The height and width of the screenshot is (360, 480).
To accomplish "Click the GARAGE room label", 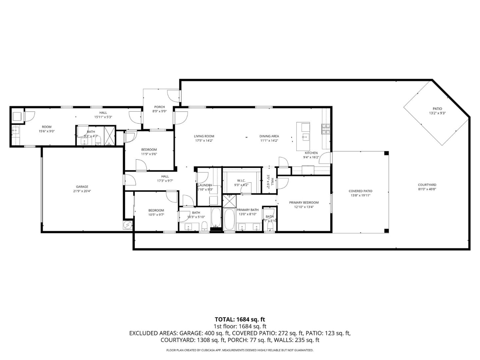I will click(82, 187).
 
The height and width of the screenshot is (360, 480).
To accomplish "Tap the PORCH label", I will click(159, 107).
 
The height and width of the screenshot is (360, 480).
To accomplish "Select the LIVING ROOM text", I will click(204, 136).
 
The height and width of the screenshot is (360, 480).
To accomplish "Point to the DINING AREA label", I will click(269, 136).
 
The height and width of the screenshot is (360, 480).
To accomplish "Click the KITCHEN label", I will click(311, 153).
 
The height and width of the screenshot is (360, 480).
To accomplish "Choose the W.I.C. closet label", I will click(241, 181).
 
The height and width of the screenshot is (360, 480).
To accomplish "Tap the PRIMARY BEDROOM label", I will click(304, 202).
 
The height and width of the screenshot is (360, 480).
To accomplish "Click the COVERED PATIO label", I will click(360, 191).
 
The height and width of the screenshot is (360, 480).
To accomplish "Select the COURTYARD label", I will click(427, 185).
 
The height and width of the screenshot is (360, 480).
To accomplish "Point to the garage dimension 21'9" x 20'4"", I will click(82, 191).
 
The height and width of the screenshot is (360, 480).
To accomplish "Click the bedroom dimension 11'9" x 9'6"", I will click(149, 154).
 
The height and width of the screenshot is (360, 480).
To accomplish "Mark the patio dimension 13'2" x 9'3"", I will click(437, 113).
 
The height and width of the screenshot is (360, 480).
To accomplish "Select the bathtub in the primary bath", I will click(229, 219).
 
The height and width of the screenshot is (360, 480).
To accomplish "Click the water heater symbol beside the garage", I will click(128, 225).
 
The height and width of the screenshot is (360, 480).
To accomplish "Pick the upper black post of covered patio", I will click(386, 153).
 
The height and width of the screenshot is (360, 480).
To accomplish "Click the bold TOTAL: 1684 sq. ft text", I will click(240, 320).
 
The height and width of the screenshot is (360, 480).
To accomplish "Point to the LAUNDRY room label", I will click(205, 185).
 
